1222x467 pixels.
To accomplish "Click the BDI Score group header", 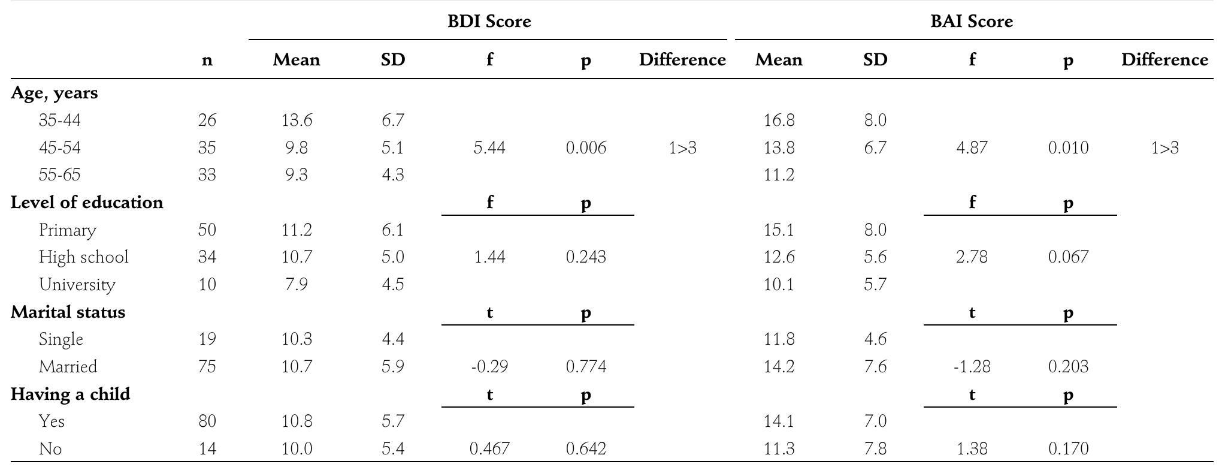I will (489, 22).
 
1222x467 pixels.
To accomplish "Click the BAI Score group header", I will (971, 22).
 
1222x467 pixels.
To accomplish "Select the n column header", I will (207, 60).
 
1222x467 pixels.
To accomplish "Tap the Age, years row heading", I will (54, 93).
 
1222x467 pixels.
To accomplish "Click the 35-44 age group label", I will (59, 120).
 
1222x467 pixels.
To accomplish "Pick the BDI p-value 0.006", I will (585, 148).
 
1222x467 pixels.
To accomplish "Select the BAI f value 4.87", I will (971, 148).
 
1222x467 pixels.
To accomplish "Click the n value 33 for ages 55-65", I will (207, 175).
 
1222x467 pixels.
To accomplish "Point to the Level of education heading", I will (86, 203).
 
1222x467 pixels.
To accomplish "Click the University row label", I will (77, 285).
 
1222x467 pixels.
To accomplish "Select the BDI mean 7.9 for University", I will (296, 285).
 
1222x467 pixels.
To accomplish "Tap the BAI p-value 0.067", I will (1067, 257).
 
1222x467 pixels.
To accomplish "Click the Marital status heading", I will (68, 312).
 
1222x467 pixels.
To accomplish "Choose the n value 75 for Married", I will (207, 367).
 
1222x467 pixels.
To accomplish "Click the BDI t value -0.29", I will (489, 367).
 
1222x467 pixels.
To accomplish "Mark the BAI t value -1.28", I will (971, 367).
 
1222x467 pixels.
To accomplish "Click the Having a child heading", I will (70, 394).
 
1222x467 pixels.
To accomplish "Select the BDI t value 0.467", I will (489, 449).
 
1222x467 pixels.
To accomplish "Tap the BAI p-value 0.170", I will (1067, 449).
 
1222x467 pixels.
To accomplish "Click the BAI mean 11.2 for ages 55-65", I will (778, 175).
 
